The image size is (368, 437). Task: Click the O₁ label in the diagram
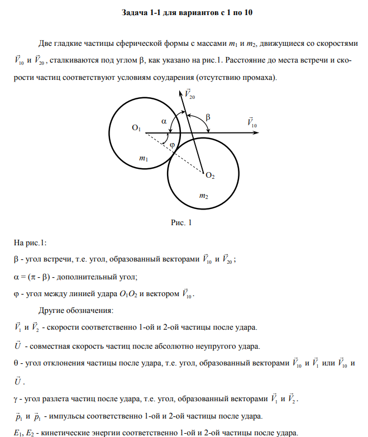tap(136, 129)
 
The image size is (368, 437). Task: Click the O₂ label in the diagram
tap(210, 175)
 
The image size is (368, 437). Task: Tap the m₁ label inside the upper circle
tap(144, 159)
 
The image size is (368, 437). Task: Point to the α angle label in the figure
tap(164, 120)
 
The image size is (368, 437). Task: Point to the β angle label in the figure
tap(208, 117)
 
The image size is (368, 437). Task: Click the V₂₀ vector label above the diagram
tap(189, 94)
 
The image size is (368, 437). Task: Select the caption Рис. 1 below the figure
tap(181, 222)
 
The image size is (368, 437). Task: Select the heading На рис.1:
tap(30, 242)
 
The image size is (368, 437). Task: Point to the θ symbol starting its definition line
tap(16, 363)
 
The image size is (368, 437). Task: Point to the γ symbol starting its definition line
tap(16, 399)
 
